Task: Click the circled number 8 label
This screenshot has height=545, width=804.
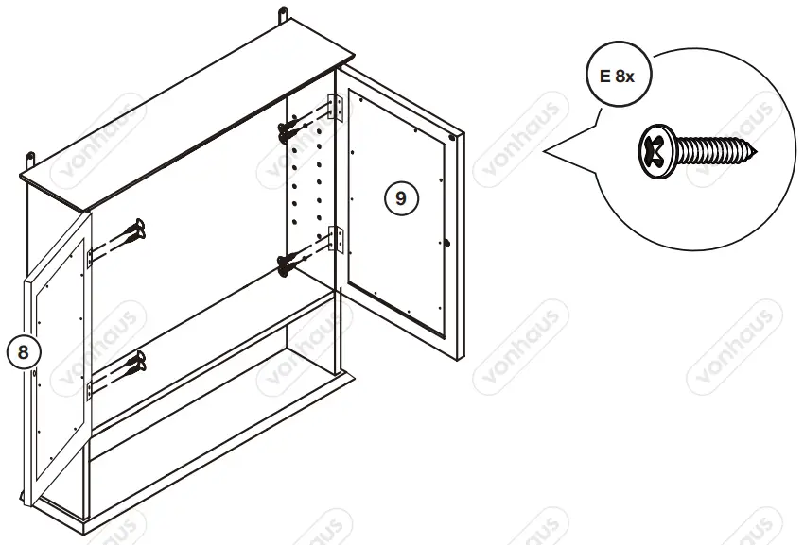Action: (25, 350)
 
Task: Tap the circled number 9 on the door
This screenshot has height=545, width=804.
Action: (400, 197)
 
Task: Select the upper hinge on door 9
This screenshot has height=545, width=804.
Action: (332, 108)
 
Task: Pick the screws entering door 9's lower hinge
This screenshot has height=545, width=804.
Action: (292, 261)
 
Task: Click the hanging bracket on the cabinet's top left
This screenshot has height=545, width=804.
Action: (31, 157)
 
